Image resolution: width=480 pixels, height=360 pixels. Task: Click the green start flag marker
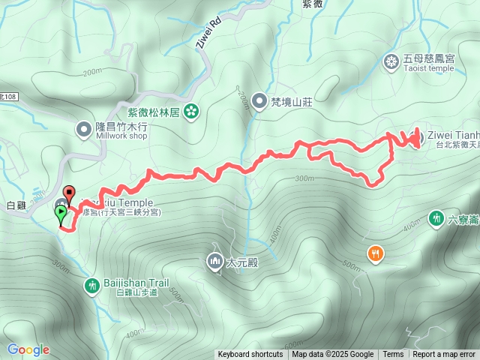point(60,214)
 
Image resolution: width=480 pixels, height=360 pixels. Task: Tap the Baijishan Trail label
point(135,283)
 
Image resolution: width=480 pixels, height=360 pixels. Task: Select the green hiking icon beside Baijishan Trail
point(91,285)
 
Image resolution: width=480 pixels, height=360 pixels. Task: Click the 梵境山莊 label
point(292,100)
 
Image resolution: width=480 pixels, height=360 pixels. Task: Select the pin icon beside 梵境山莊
point(259,100)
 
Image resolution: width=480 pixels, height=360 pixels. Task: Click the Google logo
point(28,349)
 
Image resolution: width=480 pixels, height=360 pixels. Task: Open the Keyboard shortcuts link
point(250,355)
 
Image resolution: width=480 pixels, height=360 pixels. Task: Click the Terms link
point(393,355)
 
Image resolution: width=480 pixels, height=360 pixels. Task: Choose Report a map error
point(444,355)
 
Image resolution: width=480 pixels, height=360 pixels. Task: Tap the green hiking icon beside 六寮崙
point(436,219)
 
